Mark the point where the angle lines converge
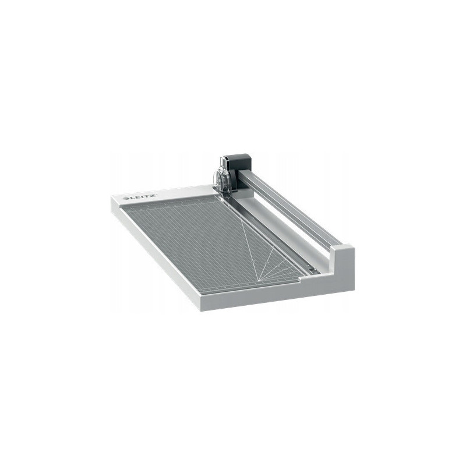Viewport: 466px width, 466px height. [x=258, y=279]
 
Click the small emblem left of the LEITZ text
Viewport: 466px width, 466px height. [x=125, y=198]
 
